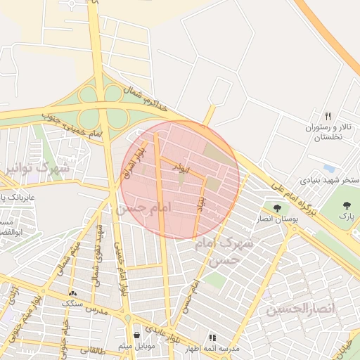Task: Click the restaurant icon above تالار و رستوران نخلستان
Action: [x=327, y=116]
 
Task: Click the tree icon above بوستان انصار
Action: [x=278, y=208]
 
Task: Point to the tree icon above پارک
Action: [x=347, y=205]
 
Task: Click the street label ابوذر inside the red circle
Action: [x=181, y=169]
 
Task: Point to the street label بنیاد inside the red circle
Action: [x=202, y=203]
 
